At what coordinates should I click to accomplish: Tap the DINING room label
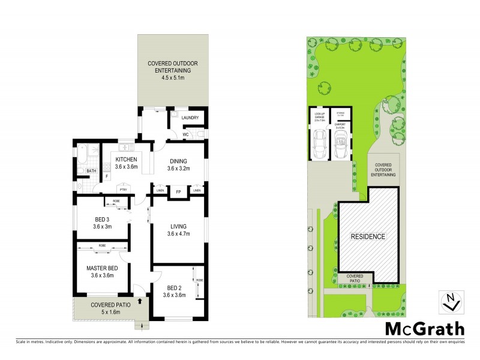pos(178,161)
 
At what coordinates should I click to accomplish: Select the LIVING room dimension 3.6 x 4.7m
pos(178,233)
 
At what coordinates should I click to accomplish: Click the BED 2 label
pos(174,287)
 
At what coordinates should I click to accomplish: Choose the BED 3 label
pos(101,218)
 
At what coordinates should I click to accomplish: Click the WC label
pos(186,134)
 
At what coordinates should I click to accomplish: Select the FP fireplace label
pos(178,191)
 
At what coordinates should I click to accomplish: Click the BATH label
pos(91,171)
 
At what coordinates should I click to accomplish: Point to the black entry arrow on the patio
pos(140,302)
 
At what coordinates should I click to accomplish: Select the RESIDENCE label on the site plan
pos(368,236)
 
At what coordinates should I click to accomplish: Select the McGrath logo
pos(424,328)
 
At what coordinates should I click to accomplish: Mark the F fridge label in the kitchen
pos(106,176)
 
